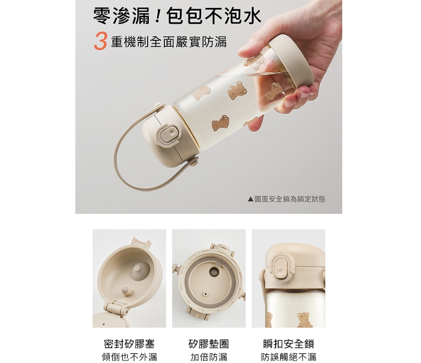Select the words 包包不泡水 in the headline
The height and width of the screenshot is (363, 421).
(x=214, y=16)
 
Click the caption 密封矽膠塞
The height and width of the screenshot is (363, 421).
(x=129, y=344)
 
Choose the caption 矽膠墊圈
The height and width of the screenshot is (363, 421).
(x=209, y=344)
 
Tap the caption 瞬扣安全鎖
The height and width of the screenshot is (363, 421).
(x=289, y=344)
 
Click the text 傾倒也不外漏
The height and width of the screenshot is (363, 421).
(x=129, y=357)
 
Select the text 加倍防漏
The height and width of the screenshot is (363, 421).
(x=209, y=357)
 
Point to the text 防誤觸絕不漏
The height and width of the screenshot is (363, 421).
(x=289, y=357)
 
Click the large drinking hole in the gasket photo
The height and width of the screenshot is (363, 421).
(x=214, y=272)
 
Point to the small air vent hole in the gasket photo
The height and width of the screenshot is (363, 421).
(x=206, y=294)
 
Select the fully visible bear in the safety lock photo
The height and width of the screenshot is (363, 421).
(x=303, y=319)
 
